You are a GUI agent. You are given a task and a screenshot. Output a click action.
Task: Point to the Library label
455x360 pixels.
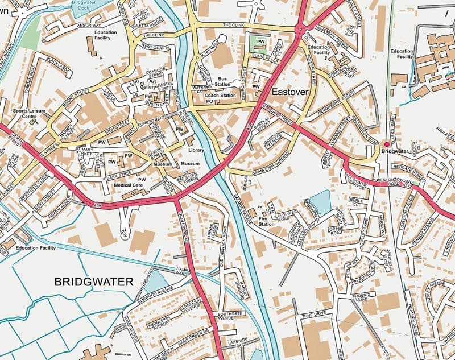(x=197, y=150)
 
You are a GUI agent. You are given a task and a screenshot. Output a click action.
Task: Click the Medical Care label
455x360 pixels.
(x=128, y=184)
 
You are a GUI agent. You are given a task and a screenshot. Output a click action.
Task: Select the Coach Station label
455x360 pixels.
(x=220, y=95)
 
